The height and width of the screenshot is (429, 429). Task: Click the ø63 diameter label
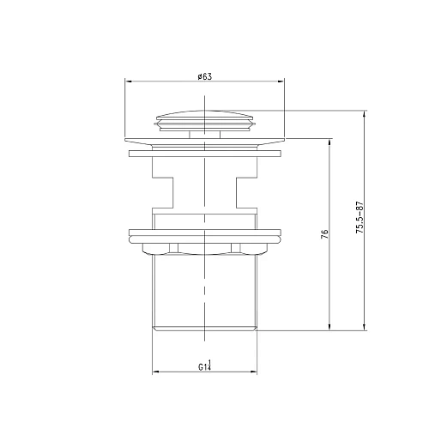(204, 76)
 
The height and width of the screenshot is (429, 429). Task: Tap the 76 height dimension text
(325, 235)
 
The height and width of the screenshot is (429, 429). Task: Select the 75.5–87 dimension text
(360, 220)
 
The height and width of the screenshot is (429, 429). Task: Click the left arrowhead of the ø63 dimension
(130, 82)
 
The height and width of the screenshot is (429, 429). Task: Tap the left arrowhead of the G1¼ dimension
(155, 372)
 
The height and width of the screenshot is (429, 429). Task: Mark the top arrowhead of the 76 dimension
(330, 143)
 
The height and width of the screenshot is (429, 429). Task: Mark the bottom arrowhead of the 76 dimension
(330, 329)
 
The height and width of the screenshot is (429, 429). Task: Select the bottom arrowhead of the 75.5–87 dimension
(366, 329)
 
